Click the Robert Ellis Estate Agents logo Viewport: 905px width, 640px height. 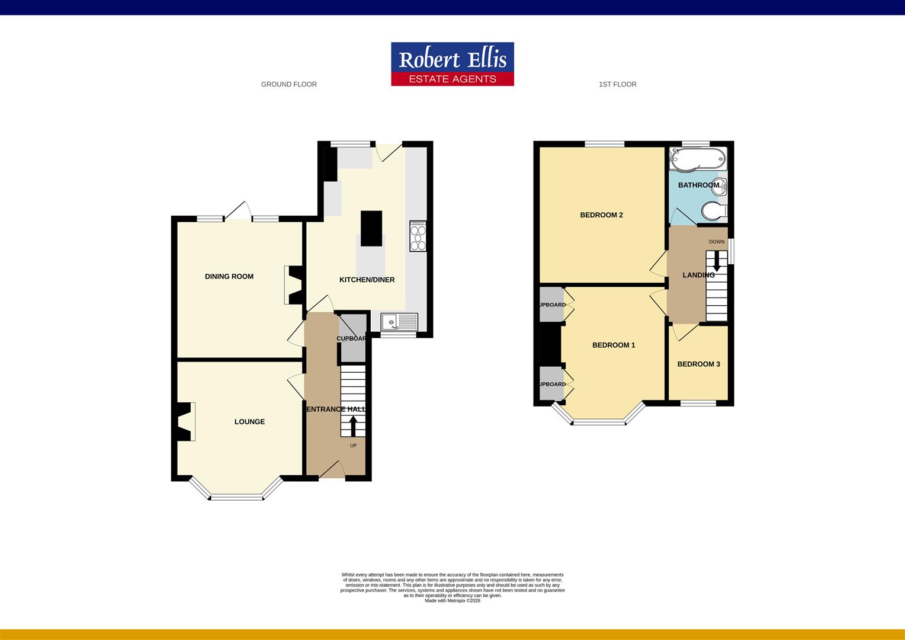coord(452,64)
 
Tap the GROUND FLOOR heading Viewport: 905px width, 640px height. coord(289,84)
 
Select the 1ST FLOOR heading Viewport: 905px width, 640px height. coord(617,84)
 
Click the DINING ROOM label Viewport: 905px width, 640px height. coord(229,276)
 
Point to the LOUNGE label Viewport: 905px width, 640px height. coord(249,421)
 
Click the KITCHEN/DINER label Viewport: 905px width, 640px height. coord(367,280)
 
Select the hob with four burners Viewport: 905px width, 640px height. coord(418,236)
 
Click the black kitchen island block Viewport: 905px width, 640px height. coord(371,228)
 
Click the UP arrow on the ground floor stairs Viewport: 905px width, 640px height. coord(353,426)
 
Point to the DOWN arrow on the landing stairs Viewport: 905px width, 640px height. coord(717,261)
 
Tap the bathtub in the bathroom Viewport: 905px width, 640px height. coord(697,158)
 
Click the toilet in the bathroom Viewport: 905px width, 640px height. coord(713,210)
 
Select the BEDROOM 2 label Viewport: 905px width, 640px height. coord(601,215)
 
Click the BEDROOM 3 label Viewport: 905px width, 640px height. coord(698,364)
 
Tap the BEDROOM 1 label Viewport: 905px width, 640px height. coord(614,345)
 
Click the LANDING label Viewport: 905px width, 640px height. coord(698,275)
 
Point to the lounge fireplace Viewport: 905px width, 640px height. coord(185,421)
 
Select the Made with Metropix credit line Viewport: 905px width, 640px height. coord(452,600)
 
